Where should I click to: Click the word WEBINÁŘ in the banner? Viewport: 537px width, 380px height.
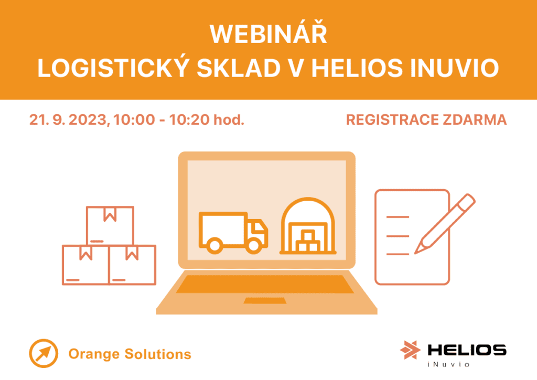pos(268,35)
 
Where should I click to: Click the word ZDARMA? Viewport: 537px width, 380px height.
pos(474,120)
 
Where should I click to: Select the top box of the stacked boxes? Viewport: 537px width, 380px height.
pos(110,225)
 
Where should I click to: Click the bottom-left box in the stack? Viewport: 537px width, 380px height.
pos(85,265)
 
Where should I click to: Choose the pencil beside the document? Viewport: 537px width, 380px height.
pos(445,223)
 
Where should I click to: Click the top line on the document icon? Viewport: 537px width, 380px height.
pos(397,216)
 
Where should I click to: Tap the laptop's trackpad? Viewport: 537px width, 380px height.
pos(265,300)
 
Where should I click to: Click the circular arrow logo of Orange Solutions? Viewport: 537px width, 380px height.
pos(44,354)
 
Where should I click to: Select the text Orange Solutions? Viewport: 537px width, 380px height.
pos(130,354)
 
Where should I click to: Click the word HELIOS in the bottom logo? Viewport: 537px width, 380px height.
pos(466,350)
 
